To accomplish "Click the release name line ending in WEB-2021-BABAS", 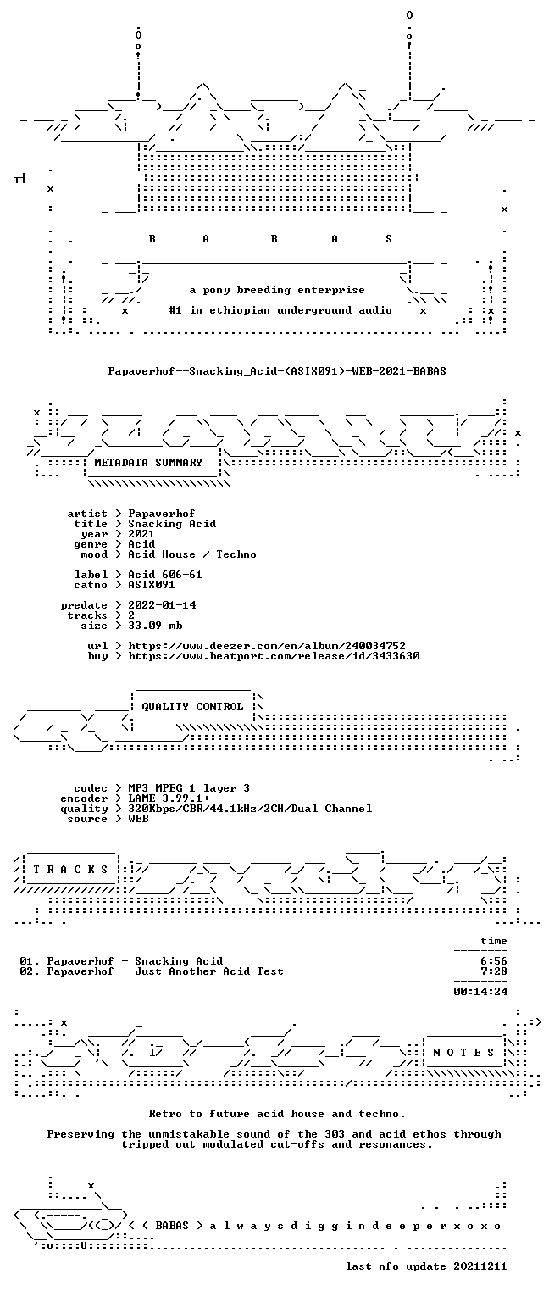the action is pyautogui.click(x=277, y=370).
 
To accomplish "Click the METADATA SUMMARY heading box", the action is pyautogui.click(x=152, y=464).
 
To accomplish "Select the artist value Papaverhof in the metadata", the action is pyautogui.click(x=162, y=514).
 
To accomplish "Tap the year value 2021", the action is pyautogui.click(x=141, y=534).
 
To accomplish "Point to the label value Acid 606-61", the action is pyautogui.click(x=165, y=575).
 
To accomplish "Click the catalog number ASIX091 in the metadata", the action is pyautogui.click(x=152, y=585).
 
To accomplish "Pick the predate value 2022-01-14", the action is pyautogui.click(x=162, y=605).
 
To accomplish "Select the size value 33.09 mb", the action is pyautogui.click(x=155, y=626).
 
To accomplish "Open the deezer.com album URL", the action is pyautogui.click(x=267, y=646).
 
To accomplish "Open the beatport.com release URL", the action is pyautogui.click(x=274, y=656).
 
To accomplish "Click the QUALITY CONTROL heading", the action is pyautogui.click(x=192, y=707).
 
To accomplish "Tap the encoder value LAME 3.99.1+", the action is pyautogui.click(x=169, y=798).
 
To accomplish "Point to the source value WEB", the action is pyautogui.click(x=138, y=819).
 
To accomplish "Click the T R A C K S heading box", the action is pyautogui.click(x=71, y=870).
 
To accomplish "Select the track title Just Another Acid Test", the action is pyautogui.click(x=209, y=971).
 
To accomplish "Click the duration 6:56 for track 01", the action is pyautogui.click(x=493, y=961).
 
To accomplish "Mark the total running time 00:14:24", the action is pyautogui.click(x=480, y=992).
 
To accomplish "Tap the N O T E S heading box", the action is pyautogui.click(x=463, y=1053).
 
